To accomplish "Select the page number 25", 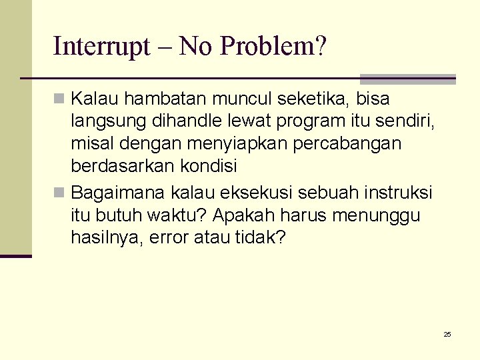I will (x=447, y=334).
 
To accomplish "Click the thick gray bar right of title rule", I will (x=407, y=79).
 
